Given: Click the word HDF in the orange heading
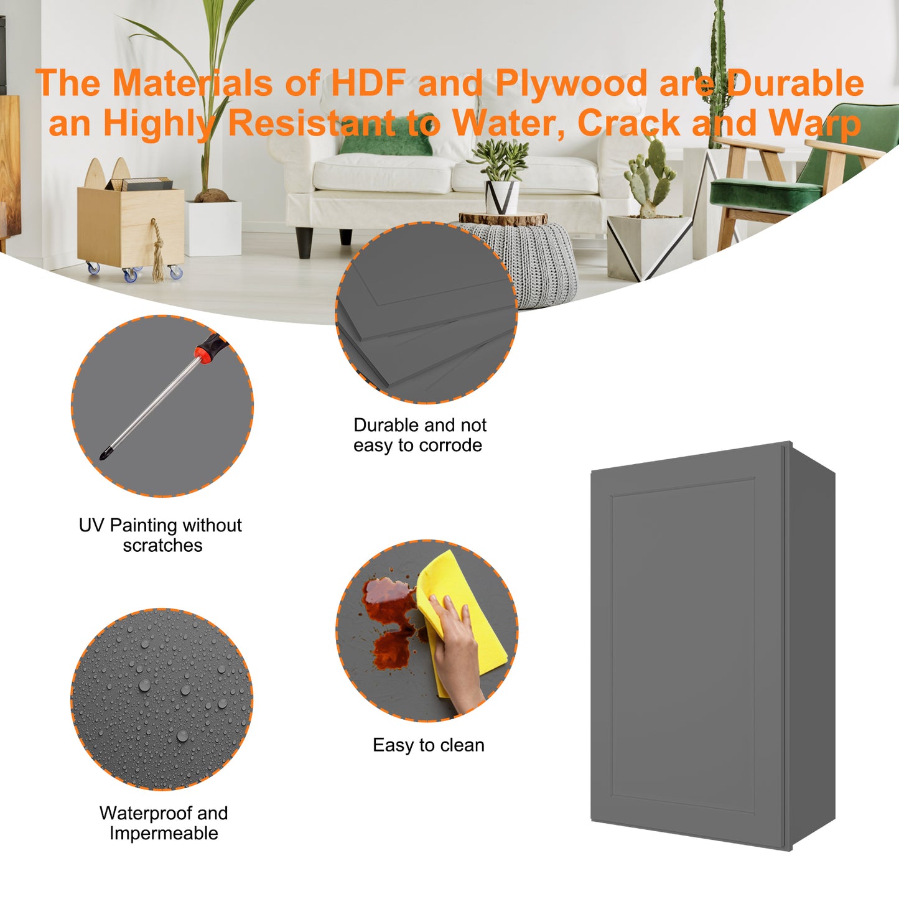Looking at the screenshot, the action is [x=368, y=83].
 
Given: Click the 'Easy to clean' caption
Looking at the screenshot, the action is [x=428, y=745].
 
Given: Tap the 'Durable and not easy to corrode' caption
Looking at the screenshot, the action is [x=419, y=436].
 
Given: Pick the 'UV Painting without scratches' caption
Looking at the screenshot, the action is [x=161, y=535].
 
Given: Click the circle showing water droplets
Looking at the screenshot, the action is [x=162, y=699].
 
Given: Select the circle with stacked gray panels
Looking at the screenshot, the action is [x=426, y=312].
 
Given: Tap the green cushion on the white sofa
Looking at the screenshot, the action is [x=387, y=135].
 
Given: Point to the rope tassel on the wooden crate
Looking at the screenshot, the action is [x=157, y=252].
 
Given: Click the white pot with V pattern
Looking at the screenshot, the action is [x=502, y=198].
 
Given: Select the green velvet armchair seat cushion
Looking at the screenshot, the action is [x=765, y=193].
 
